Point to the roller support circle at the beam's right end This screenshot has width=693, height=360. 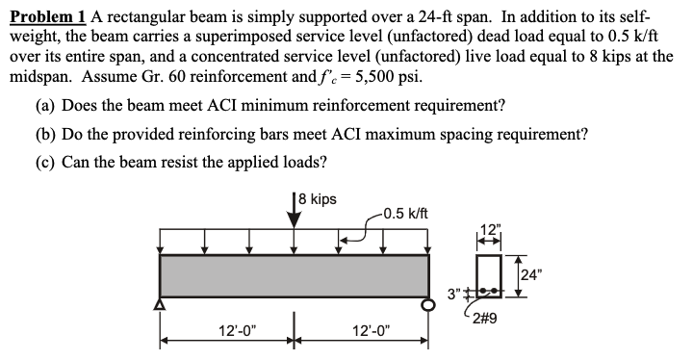429,306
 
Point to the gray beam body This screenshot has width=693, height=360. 294,276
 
